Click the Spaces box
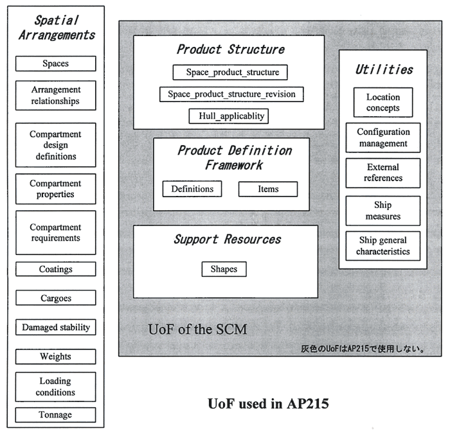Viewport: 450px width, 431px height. tap(55, 64)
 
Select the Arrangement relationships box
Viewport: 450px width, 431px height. tap(55, 96)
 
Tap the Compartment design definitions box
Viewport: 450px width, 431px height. tap(55, 145)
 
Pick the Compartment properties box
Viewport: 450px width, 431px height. tap(55, 189)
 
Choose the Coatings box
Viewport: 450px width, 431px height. tap(55, 269)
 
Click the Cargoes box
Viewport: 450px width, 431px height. tap(55, 298)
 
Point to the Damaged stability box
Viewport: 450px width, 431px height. tap(55, 327)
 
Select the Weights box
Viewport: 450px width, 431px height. tap(55, 356)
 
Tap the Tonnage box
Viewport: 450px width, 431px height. tap(55, 414)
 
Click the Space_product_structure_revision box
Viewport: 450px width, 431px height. tap(231, 94)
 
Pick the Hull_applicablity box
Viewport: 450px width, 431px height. tap(228, 116)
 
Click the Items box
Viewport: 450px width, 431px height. tap(267, 189)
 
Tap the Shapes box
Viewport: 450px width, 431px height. tap(224, 269)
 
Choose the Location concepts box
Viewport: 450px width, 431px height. tap(383, 103)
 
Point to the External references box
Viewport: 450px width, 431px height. tap(383, 173)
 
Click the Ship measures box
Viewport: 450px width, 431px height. tap(383, 211)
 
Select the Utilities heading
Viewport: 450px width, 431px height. tap(384, 70)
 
